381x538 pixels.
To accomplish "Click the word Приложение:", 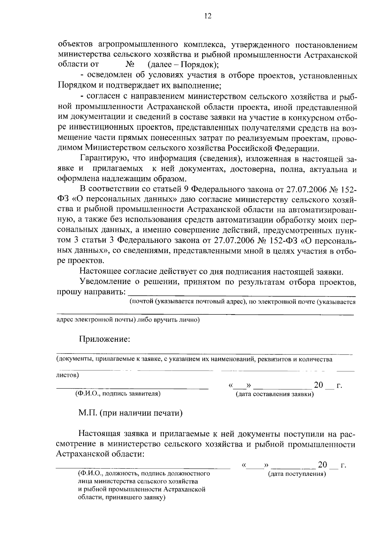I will pos(104,339).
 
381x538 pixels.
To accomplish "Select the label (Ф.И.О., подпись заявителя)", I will pos(118,394).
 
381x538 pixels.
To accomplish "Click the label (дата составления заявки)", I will pos(275,394).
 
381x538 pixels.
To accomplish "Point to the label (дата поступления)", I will pos(297,474).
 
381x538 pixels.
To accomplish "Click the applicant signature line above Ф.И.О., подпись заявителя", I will pos(132,387).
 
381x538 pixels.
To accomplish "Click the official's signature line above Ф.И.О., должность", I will pos(143,467).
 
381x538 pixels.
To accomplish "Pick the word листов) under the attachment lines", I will pos(67,375).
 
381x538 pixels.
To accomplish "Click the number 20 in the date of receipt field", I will pos(322,465).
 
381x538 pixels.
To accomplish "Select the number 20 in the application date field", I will pos(318,385).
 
